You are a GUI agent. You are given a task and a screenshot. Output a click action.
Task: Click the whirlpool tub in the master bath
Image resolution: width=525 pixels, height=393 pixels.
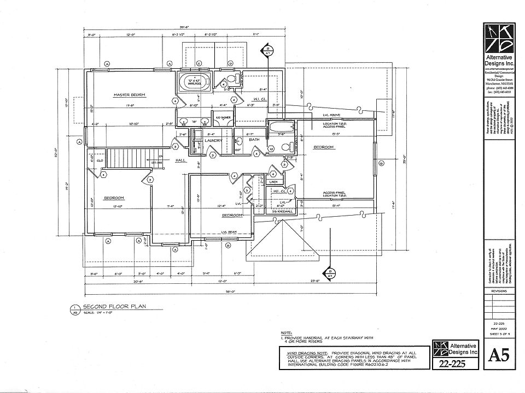coord(191,84)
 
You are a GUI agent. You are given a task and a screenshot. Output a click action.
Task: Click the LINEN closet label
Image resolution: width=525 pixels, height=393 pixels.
coord(274,182)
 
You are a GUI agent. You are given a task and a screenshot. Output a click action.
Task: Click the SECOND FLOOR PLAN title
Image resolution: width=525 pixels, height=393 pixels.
coord(114,307)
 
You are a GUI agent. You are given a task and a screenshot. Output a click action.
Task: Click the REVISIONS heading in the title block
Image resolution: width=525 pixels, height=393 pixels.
coord(499,291)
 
